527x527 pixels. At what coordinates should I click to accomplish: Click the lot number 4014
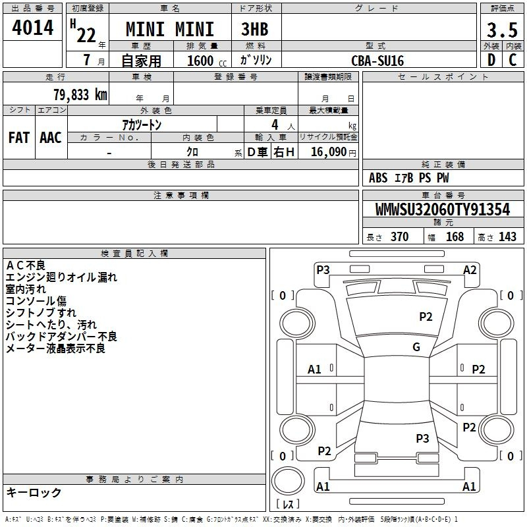coord(32,28)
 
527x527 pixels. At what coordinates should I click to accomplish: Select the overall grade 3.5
coord(502,30)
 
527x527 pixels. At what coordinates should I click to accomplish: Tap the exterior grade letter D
coord(491,60)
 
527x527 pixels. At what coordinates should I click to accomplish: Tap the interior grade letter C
coord(513,60)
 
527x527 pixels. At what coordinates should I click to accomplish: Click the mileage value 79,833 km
coord(80,95)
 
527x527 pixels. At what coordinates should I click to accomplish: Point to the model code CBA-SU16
coord(377,61)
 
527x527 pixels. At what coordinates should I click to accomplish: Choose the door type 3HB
coord(255,29)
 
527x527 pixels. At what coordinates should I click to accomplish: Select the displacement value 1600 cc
coord(207,61)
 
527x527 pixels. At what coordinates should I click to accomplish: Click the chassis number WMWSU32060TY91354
coord(443,209)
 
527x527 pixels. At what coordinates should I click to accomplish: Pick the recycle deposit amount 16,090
coord(328,152)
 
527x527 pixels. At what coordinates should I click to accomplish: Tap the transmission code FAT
coord(19,138)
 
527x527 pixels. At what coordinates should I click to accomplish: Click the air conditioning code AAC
coord(51,138)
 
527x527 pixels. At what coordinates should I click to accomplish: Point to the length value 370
coord(400,236)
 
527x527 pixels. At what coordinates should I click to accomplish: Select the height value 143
coord(507,236)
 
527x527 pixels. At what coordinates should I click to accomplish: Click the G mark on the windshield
coord(416,347)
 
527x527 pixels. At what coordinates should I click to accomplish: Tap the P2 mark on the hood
coord(426,317)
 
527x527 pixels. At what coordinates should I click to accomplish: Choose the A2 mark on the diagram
coord(470,270)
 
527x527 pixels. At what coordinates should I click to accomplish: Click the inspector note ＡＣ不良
coord(26,265)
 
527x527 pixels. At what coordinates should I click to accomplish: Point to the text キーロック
coord(34,492)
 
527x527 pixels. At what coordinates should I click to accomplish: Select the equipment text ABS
coord(378,178)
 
